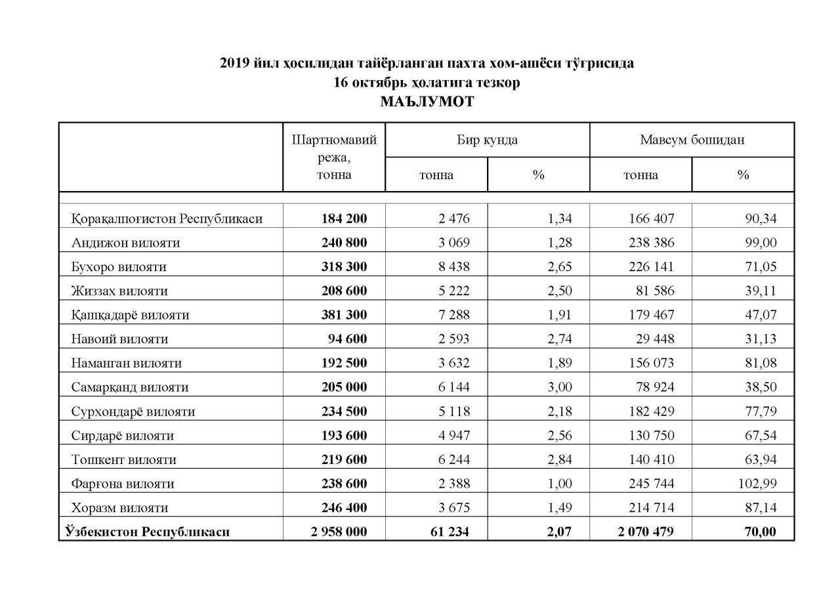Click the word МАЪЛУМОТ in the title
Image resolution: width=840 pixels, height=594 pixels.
click(x=427, y=102)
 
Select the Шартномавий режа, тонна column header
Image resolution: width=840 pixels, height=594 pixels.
click(x=334, y=157)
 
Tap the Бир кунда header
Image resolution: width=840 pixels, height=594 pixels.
click(x=487, y=140)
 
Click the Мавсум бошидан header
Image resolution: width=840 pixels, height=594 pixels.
click(x=692, y=140)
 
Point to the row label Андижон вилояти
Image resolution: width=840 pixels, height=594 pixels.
click(x=125, y=243)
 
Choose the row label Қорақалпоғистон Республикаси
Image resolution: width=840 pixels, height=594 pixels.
click(x=167, y=219)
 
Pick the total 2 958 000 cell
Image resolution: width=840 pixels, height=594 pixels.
click(x=339, y=532)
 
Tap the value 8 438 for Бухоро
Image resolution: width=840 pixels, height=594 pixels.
click(x=453, y=267)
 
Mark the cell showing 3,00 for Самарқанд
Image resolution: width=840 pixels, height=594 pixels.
click(x=559, y=387)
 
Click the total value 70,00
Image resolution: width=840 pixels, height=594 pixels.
click(x=760, y=532)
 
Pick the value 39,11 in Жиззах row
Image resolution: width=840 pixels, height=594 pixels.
click(x=760, y=291)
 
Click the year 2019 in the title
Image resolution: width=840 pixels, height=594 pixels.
click(x=234, y=64)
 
